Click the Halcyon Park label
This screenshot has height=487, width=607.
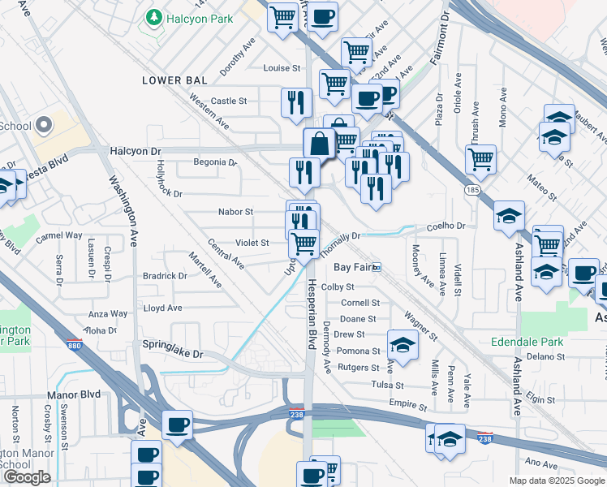(199, 19)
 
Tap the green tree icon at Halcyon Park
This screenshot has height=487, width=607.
(152, 17)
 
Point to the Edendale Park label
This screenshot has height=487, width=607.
(527, 342)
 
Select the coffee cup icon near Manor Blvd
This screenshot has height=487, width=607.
(177, 425)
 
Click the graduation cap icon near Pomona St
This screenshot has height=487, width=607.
(403, 344)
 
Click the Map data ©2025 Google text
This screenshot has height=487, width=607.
(557, 481)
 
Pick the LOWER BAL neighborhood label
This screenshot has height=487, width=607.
(174, 80)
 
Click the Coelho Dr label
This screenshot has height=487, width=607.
(446, 227)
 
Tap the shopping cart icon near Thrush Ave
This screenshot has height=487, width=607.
(481, 158)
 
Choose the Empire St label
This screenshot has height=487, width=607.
(407, 403)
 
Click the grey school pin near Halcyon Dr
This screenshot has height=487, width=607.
(43, 126)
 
